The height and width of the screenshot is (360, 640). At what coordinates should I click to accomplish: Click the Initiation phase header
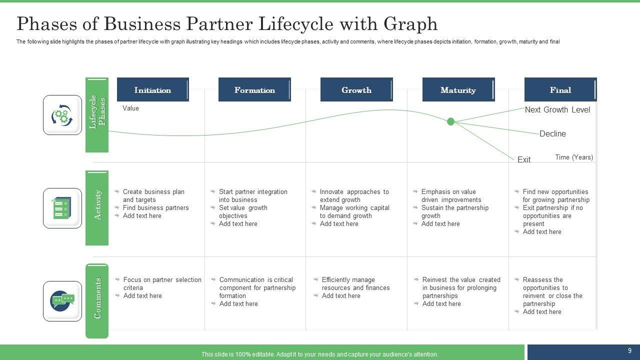pos(152,90)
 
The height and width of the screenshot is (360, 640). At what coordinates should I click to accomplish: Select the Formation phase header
pos(254,90)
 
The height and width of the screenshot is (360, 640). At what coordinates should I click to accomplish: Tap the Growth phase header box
pos(356,90)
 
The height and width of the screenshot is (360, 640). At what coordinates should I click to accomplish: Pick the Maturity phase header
pos(458,90)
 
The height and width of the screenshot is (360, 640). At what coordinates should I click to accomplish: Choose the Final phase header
pos(560,90)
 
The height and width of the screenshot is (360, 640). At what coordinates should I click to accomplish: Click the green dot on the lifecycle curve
pos(450,121)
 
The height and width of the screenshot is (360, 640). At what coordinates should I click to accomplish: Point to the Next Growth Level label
pos(557,110)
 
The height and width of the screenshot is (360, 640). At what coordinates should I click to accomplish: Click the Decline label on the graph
pos(552,134)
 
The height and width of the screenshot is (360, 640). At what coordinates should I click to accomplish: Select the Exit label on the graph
pos(524,159)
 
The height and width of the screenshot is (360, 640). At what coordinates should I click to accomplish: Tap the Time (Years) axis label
pos(574,157)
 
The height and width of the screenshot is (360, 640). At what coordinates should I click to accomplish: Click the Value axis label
pos(130,108)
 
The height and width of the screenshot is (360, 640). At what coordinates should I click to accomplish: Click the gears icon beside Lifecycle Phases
pos(62,115)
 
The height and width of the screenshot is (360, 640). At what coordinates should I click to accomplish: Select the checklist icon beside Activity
pos(62,208)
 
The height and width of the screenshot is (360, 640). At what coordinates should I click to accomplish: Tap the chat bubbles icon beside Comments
pos(62,301)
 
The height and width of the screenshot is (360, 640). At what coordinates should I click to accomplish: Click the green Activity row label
pos(97,207)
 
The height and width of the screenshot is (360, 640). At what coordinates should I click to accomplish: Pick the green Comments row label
pos(97,300)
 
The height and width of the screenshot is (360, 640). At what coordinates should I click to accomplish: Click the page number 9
pos(629,351)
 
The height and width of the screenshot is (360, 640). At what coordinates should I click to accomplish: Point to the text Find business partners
pos(155,207)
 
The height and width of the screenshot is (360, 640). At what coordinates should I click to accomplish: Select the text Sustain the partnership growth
pos(454,211)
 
